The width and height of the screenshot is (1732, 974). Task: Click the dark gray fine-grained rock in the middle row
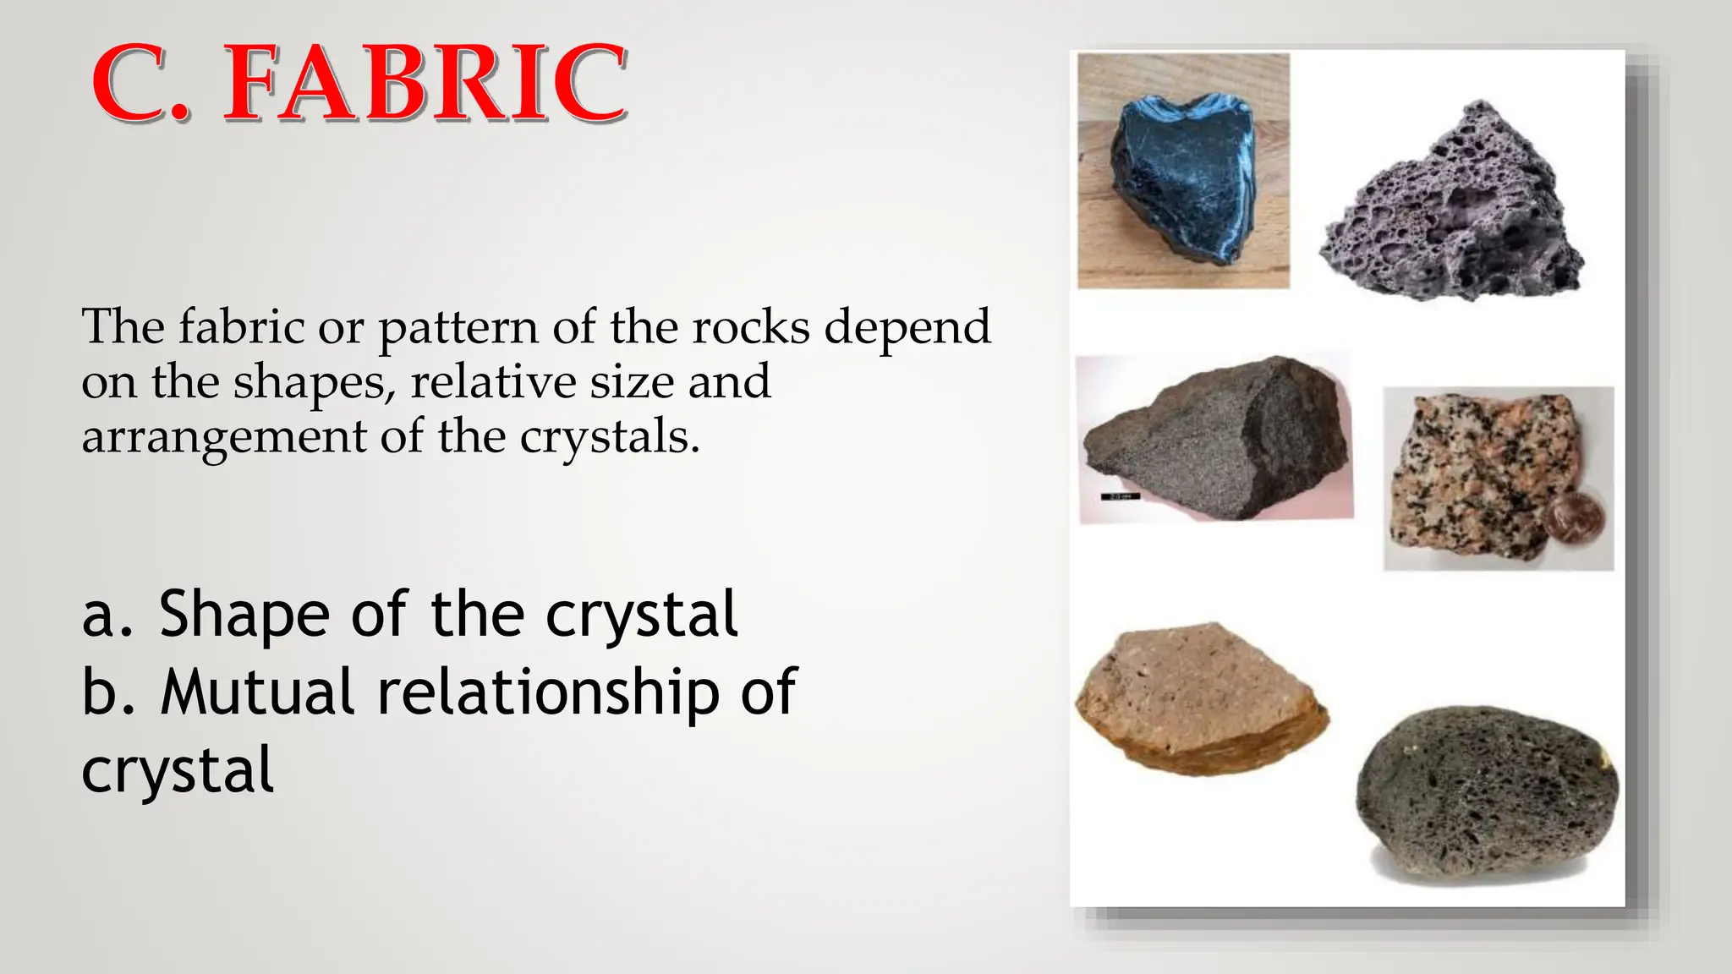click(x=1218, y=440)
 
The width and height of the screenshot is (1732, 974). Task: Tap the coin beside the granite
click(x=1575, y=517)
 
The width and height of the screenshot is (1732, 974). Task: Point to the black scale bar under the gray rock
click(x=1121, y=496)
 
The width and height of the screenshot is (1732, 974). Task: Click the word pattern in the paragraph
click(x=457, y=328)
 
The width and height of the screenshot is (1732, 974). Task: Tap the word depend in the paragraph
click(x=907, y=328)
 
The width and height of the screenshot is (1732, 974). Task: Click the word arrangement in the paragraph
click(x=223, y=438)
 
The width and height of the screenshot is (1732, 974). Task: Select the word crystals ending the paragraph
click(x=609, y=438)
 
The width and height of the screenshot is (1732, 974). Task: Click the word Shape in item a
click(x=244, y=615)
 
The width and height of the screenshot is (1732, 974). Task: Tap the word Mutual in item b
click(x=257, y=692)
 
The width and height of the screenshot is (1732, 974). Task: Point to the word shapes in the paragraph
click(x=313, y=383)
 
